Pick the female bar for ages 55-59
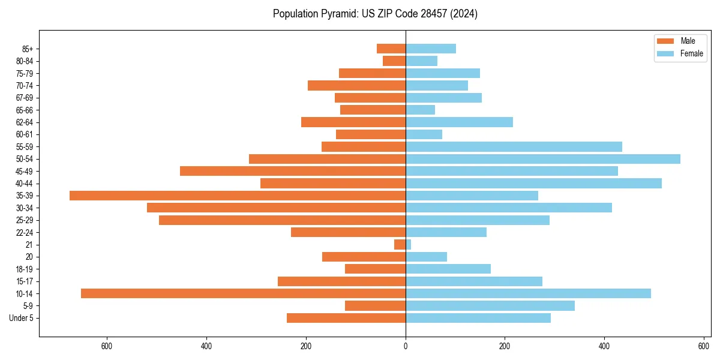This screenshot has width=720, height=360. [514, 146]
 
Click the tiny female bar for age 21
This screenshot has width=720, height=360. [409, 245]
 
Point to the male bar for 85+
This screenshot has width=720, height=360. [391, 49]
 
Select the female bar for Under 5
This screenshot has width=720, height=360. [478, 318]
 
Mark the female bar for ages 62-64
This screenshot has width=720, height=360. [460, 122]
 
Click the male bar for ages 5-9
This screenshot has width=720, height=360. [375, 306]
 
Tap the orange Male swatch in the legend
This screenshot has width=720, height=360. [666, 41]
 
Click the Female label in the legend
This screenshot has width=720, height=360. [692, 53]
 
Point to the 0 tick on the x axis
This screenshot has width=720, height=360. [406, 346]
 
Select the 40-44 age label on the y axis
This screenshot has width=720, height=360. [25, 184]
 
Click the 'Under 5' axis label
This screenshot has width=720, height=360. [21, 318]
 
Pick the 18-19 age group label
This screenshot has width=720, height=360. [25, 269]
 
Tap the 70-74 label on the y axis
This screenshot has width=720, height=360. [25, 86]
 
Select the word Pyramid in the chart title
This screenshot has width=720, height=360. [338, 14]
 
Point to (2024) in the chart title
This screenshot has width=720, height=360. [466, 14]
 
